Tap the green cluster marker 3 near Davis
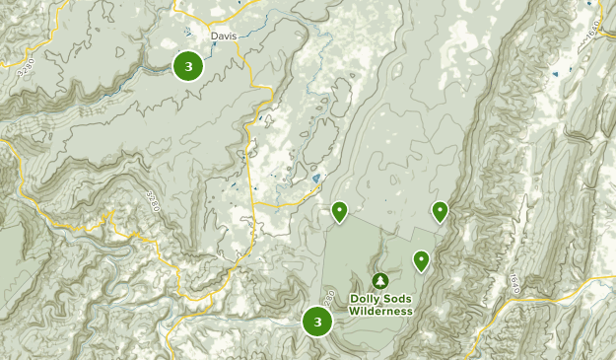[x=187, y=66]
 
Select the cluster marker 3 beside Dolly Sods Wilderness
[x=316, y=321]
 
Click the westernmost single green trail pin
[x=339, y=210]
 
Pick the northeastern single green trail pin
[x=440, y=210]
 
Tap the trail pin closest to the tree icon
[x=421, y=260]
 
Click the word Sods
[x=397, y=299]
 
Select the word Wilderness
[x=381, y=312]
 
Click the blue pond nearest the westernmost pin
[x=315, y=179]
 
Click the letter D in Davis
[x=214, y=37]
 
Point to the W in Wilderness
[x=354, y=312]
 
